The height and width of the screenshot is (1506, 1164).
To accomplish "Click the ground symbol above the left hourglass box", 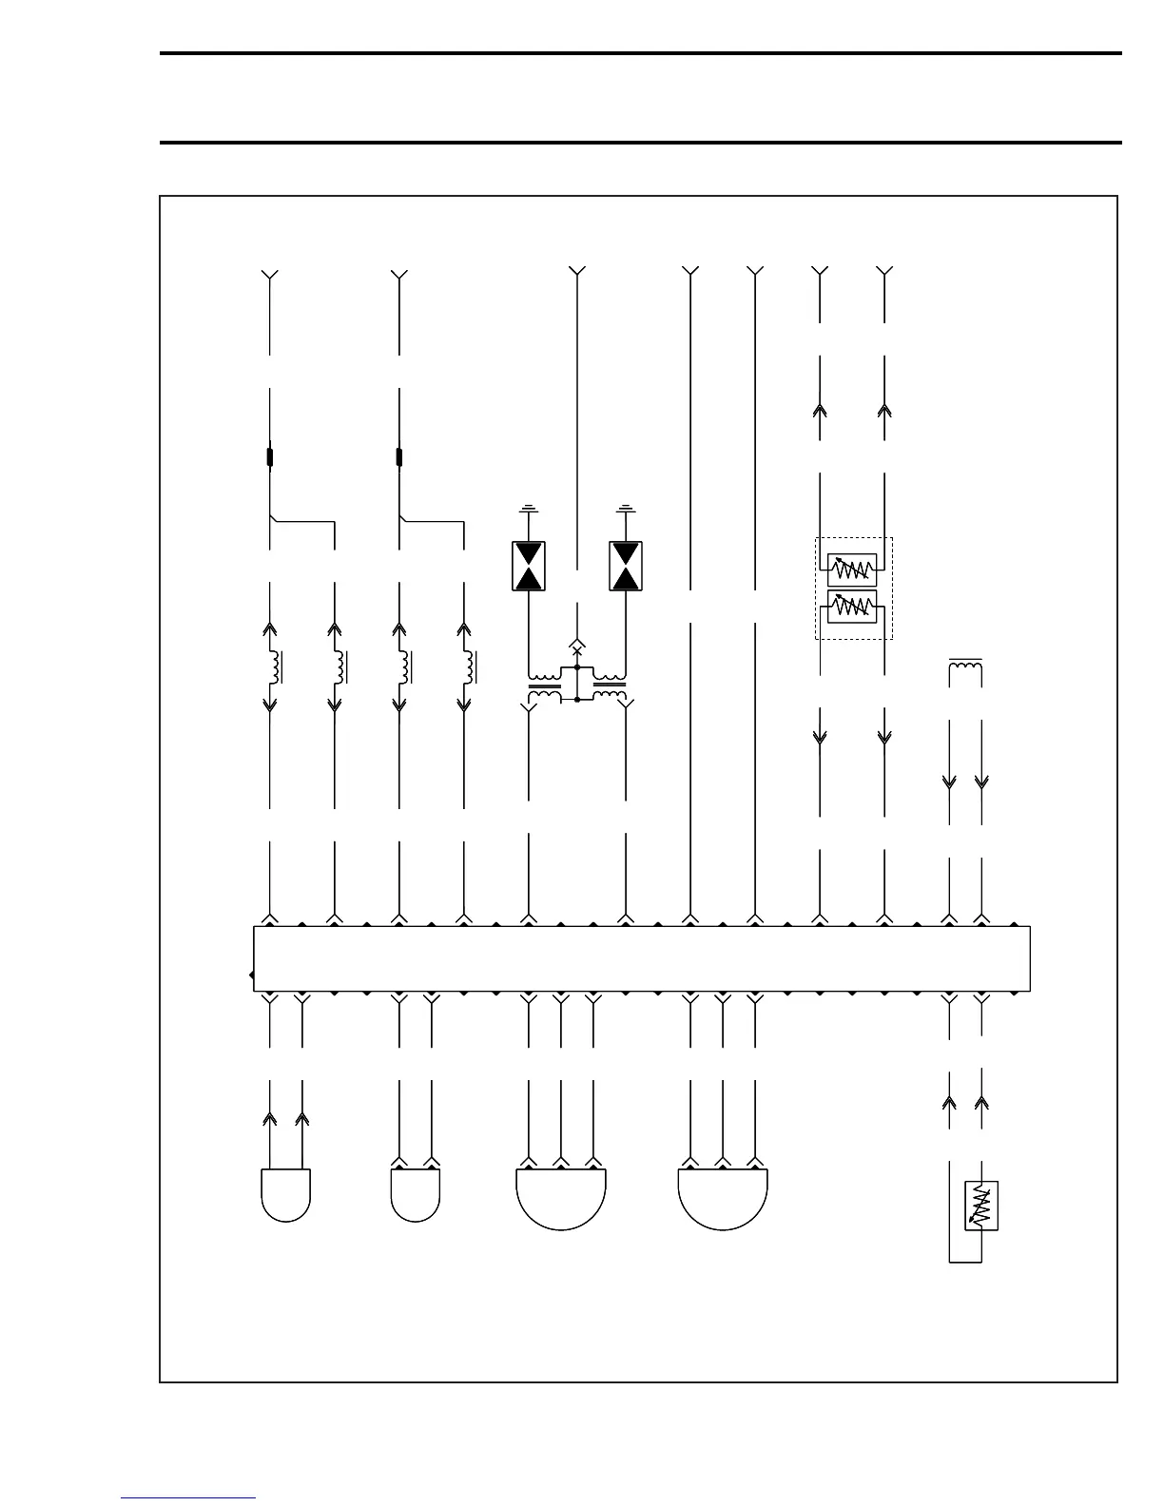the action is click(529, 511).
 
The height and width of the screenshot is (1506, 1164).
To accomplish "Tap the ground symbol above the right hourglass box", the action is click(626, 511).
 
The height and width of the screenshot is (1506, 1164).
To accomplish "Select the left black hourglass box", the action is click(529, 566).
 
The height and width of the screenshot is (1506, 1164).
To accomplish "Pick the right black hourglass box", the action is click(626, 566).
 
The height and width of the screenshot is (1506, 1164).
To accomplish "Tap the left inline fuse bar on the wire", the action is click(270, 457).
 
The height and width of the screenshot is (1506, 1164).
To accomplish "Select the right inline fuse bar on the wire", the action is click(399, 457).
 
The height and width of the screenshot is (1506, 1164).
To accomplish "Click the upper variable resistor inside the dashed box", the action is click(852, 570).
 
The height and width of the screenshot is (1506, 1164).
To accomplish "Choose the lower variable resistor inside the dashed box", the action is click(852, 607).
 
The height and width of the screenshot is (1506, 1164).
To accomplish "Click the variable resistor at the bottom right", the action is click(981, 1207).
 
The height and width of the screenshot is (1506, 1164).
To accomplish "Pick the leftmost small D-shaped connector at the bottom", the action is click(285, 1194).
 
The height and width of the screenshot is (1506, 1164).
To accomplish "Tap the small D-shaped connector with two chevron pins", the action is click(416, 1194).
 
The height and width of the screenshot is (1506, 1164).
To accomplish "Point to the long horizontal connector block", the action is click(642, 958).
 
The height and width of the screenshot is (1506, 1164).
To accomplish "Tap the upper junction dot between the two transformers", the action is click(577, 668).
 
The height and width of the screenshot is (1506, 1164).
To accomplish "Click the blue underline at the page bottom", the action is click(188, 1498).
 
